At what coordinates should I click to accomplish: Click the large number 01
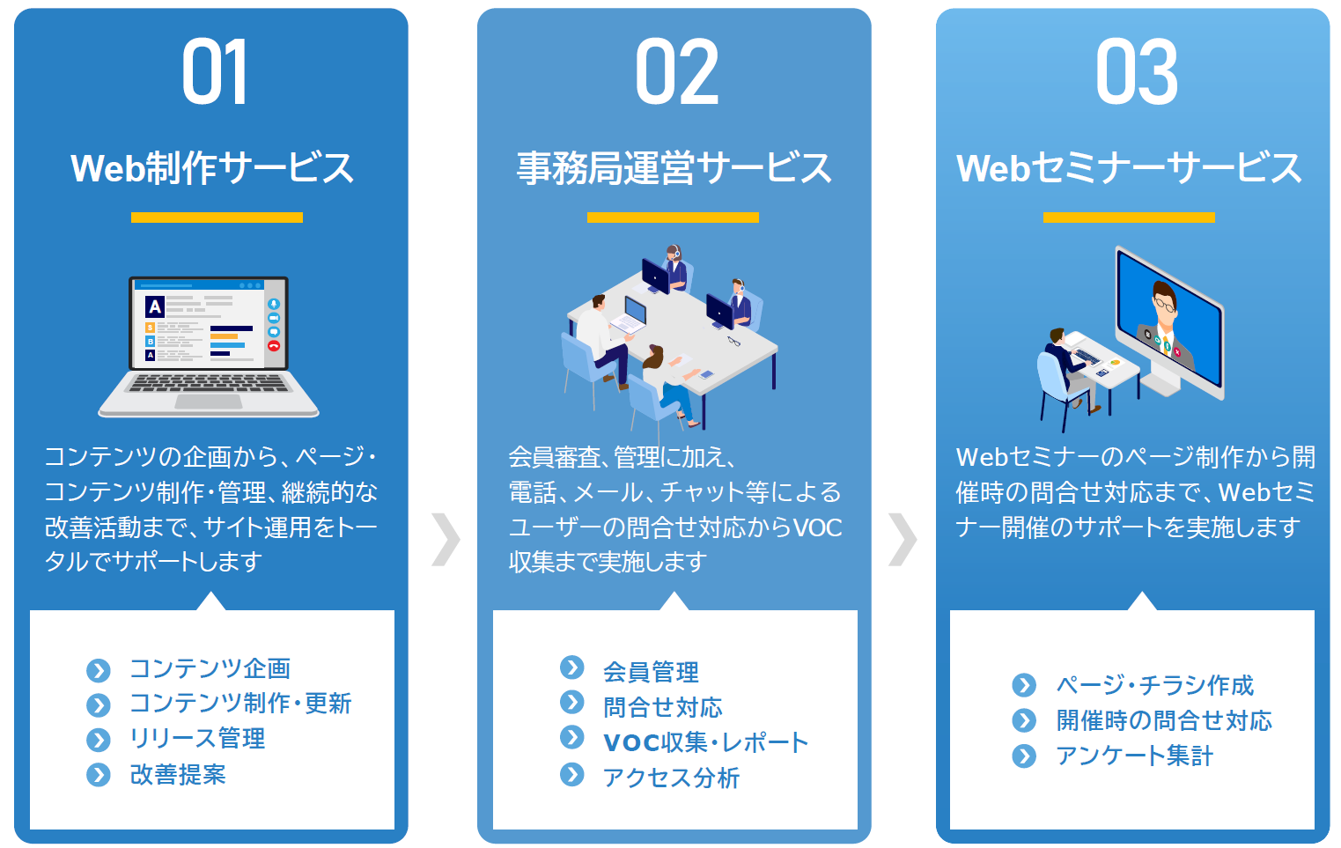click(x=215, y=71)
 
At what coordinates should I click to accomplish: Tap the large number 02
click(x=676, y=71)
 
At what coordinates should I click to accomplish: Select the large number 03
click(x=1136, y=71)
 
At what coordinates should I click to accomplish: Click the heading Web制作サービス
click(x=212, y=167)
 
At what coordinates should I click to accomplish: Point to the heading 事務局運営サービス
click(x=674, y=167)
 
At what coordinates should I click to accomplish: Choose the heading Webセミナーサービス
click(x=1129, y=167)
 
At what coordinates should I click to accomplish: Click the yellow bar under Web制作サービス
click(x=217, y=218)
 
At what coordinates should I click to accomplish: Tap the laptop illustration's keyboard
click(x=209, y=383)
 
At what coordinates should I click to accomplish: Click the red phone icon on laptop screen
click(x=274, y=345)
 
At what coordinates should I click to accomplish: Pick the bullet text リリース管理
click(x=197, y=739)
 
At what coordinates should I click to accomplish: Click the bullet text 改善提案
click(x=179, y=774)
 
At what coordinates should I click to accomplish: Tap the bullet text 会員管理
click(x=651, y=672)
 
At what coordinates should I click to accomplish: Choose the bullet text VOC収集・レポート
click(x=706, y=742)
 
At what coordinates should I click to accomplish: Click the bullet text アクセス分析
click(x=671, y=778)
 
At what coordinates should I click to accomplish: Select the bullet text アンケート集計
click(x=1134, y=756)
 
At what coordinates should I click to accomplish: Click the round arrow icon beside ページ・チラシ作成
click(x=1024, y=685)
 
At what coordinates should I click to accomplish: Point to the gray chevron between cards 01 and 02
click(x=446, y=539)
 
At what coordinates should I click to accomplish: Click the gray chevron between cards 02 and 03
click(x=903, y=539)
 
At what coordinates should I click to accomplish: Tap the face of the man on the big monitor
click(x=1164, y=306)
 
